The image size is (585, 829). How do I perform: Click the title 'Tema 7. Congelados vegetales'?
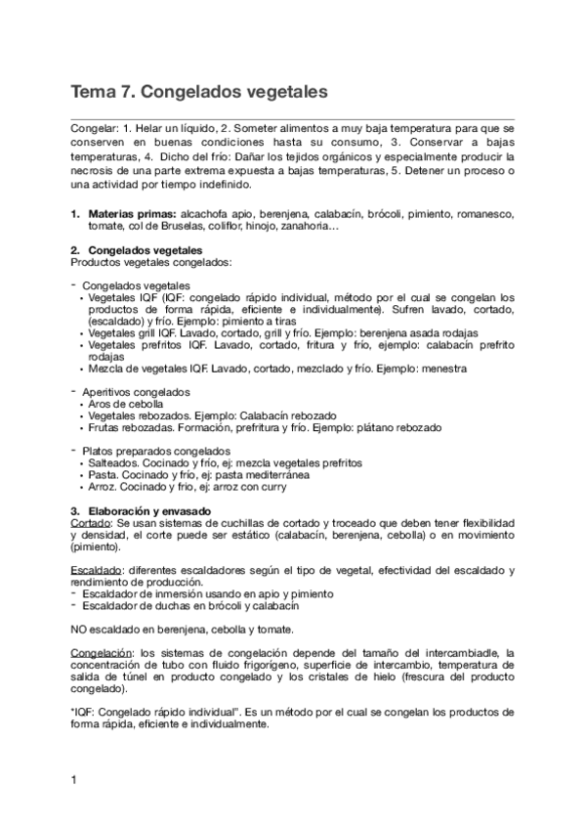coord(198,94)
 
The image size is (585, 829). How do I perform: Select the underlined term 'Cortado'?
coord(91,523)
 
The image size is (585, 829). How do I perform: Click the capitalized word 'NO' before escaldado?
coord(80,629)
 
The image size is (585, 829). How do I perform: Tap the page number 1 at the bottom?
coord(74,779)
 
